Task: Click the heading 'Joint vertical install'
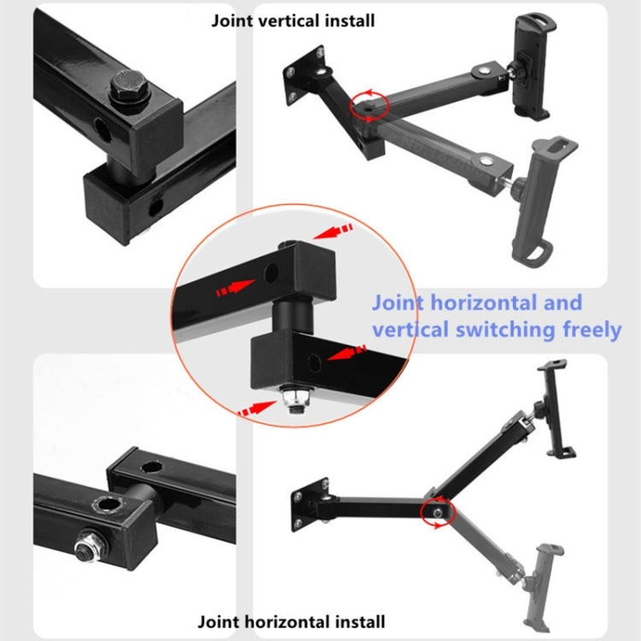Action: pyautogui.click(x=292, y=20)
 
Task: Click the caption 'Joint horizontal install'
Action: pyautogui.click(x=291, y=621)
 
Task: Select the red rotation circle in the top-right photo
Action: pyautogui.click(x=368, y=104)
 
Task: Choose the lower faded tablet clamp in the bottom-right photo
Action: pyautogui.click(x=544, y=580)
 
